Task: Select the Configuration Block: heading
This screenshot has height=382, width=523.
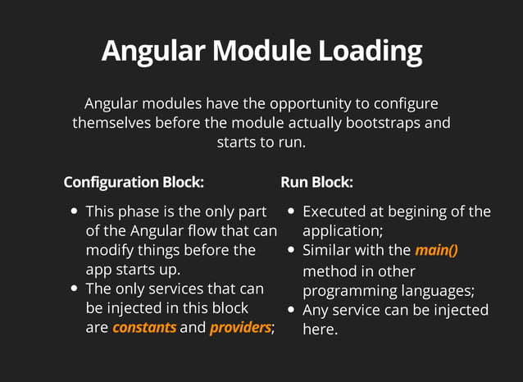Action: (x=134, y=182)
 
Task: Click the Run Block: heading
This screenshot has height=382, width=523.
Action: (x=316, y=182)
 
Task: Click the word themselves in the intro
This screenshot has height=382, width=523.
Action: (x=111, y=124)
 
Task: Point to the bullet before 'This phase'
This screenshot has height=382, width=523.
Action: (x=75, y=211)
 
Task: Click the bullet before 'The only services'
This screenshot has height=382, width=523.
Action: (x=75, y=289)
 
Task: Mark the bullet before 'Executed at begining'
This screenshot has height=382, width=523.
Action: (x=292, y=211)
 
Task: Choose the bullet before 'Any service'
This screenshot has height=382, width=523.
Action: (x=292, y=310)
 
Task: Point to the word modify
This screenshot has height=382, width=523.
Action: (x=110, y=250)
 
